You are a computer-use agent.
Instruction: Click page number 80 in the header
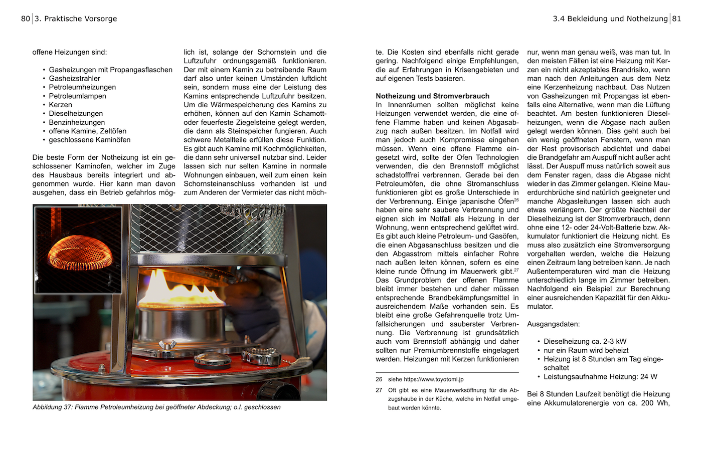pyautogui.click(x=25, y=19)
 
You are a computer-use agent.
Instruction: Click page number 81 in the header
pyautogui.click(x=676, y=19)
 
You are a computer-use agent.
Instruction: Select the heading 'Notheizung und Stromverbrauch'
pyautogui.click(x=432, y=96)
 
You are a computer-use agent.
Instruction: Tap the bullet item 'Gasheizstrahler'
pyautogui.click(x=74, y=79)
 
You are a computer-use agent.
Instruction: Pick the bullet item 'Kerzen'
pyautogui.click(x=60, y=105)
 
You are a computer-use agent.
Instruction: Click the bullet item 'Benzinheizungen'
pyautogui.click(x=77, y=122)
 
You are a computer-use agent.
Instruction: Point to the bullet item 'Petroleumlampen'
pyautogui.click(x=77, y=96)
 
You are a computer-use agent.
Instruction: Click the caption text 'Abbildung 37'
pyautogui.click(x=52, y=407)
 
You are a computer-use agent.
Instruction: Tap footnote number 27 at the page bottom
pyautogui.click(x=379, y=390)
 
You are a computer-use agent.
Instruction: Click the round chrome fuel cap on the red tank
pyautogui.click(x=212, y=359)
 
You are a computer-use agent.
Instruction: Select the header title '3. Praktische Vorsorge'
pyautogui.click(x=76, y=19)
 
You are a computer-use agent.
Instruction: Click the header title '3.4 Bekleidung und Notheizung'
pyautogui.click(x=610, y=19)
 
